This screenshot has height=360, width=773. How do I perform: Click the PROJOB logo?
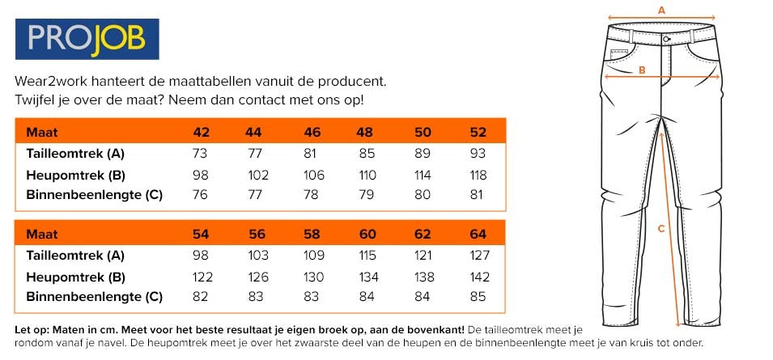pos(87,40)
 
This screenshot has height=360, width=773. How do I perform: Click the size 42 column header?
pos(202,132)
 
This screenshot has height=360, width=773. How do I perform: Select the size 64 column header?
pos(478,234)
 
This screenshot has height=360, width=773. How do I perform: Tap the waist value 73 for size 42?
pos(202,154)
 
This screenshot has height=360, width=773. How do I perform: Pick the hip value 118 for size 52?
pos(478,175)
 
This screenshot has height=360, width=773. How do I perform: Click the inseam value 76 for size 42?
pos(202,195)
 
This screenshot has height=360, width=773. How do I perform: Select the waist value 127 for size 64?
pos(478,255)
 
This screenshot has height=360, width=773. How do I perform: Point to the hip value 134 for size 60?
pos(367,276)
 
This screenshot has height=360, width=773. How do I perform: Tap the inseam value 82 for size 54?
pos(202,297)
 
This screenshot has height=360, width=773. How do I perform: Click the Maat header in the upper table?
pos(41,132)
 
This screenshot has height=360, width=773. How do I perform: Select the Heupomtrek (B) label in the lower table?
pos(76,276)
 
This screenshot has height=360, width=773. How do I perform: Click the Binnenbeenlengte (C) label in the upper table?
pos(95,195)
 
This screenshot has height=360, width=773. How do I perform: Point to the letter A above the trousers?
pos(661,11)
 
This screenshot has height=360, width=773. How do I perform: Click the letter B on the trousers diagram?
pos(642,70)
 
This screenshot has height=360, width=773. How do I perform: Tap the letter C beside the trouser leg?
pos(660,229)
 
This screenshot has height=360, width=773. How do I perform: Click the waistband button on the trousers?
pos(665,38)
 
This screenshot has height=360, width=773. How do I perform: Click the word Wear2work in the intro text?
pos(49,82)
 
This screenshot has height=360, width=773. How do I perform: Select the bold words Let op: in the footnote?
pos(32,329)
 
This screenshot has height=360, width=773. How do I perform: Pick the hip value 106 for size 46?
pos(312,175)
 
